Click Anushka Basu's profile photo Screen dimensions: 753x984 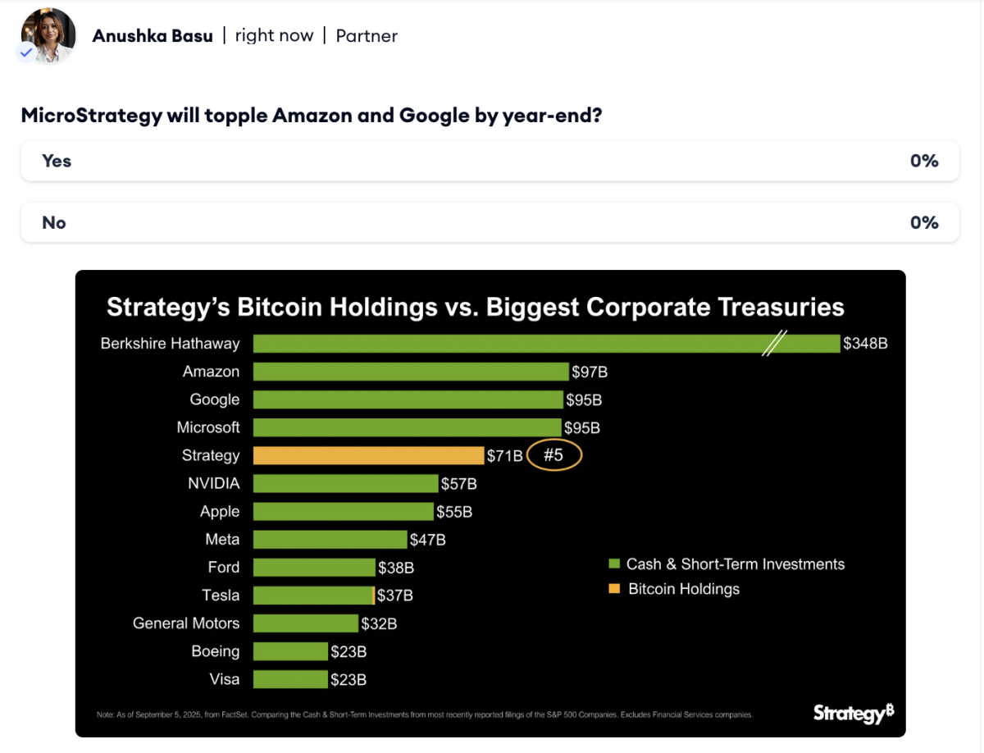tap(48, 35)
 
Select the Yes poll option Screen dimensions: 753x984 tap(490, 161)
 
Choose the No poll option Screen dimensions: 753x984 tap(490, 223)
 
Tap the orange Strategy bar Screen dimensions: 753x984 tap(368, 455)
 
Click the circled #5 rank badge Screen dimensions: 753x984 tap(554, 455)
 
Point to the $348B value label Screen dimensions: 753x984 tap(865, 344)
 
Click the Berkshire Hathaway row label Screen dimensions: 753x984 tap(170, 344)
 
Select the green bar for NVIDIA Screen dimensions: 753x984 tap(345, 484)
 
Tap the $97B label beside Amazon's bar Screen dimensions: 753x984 tap(590, 372)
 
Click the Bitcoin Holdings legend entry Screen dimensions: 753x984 tap(683, 589)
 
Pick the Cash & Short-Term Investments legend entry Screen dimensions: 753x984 tap(734, 564)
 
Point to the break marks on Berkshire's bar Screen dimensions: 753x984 tap(774, 343)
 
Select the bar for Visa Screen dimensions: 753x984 tap(290, 679)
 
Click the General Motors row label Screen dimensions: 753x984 tap(186, 623)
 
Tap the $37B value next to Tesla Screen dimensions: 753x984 tap(395, 596)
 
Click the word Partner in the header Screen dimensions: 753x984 tap(367, 36)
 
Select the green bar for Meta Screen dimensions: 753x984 tap(330, 540)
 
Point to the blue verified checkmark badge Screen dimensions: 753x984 tap(26, 52)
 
